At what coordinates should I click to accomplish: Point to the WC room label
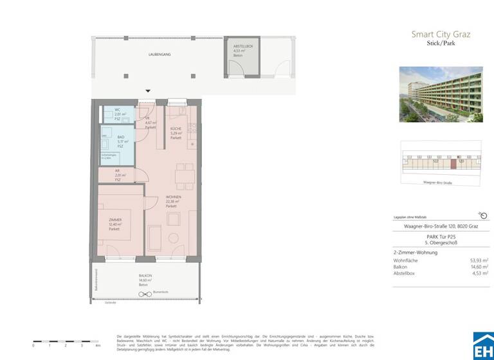point(118,111)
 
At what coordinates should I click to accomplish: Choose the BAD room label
point(121,138)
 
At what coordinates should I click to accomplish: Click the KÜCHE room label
point(176,130)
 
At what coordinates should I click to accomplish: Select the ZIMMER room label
point(115,220)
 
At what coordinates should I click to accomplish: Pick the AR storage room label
point(118,172)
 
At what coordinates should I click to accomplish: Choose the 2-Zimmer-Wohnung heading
point(416,253)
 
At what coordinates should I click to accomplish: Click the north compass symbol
point(483,216)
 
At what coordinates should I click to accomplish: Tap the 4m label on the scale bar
point(98,346)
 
